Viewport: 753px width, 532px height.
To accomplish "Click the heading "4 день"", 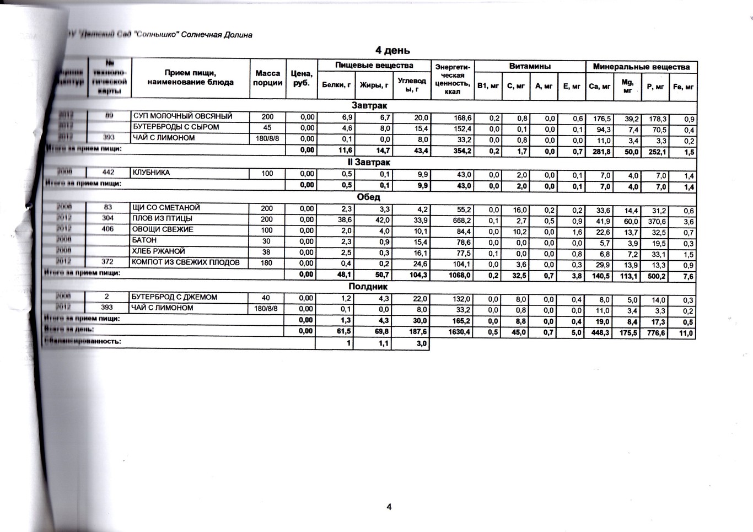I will [x=392, y=51].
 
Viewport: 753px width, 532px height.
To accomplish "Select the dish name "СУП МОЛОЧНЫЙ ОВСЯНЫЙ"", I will [x=182, y=116].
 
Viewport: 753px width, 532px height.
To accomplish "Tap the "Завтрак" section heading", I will [x=369, y=105].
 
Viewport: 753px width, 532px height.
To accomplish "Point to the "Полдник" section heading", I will [x=368, y=287].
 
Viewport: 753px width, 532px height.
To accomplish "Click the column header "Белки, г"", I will [x=336, y=85].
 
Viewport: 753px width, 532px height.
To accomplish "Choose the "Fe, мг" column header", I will [x=684, y=87].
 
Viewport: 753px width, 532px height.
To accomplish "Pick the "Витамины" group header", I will [x=530, y=66].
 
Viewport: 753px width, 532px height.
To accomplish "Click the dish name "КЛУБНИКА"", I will [x=151, y=173].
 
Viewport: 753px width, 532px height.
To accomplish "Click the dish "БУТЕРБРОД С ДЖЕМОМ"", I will [x=174, y=297].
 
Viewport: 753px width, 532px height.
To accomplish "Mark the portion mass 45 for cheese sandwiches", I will [x=267, y=127].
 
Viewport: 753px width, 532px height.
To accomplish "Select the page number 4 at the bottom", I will [x=389, y=507].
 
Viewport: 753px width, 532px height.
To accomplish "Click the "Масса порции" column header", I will [x=268, y=78].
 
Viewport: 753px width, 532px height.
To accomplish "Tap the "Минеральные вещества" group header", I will [x=641, y=67].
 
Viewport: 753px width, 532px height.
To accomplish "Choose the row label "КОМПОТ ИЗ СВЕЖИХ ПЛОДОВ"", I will [x=186, y=262].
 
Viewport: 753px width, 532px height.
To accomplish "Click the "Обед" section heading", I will [x=368, y=197].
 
